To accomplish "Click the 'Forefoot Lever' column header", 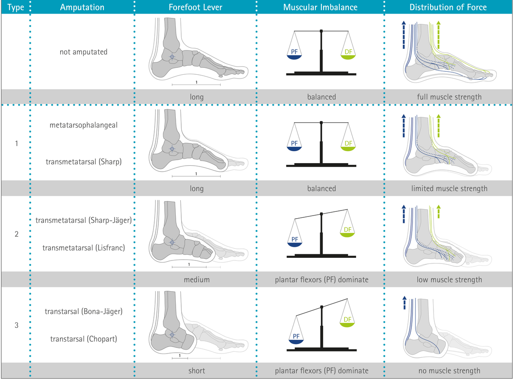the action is [195, 7].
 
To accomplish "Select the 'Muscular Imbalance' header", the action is [320, 7].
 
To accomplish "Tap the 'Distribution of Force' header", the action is [448, 7].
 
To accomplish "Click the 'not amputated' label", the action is [83, 52].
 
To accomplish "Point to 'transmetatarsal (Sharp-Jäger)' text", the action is [83, 220].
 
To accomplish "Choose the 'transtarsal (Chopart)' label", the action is [83, 339].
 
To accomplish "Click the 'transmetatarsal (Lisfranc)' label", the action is [83, 248].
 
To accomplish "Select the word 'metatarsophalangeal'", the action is [83, 125].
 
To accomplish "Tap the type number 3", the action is [16, 325].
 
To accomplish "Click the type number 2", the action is [16, 234].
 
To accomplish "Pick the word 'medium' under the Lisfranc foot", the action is [197, 280].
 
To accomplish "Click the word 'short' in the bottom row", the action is [197, 371].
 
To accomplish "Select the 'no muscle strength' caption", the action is [449, 371].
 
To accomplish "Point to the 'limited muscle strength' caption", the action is [449, 188].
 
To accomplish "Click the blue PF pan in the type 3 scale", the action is [296, 342].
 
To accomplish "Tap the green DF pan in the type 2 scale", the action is [348, 235].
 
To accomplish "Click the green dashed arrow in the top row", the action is [438, 35].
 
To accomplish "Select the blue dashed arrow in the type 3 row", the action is [404, 303].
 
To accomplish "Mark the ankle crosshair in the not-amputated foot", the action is [172, 57].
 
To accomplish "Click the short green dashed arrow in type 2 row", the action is [438, 212].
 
